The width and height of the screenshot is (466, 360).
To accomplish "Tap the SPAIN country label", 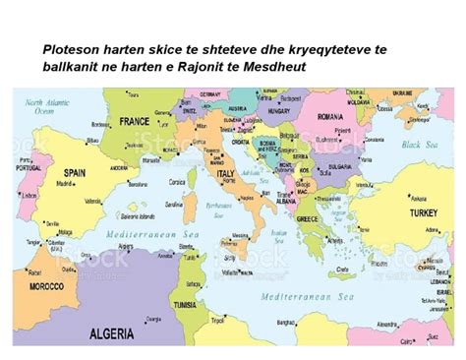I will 75,171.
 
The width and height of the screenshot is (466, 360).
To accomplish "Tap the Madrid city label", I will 66,184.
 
